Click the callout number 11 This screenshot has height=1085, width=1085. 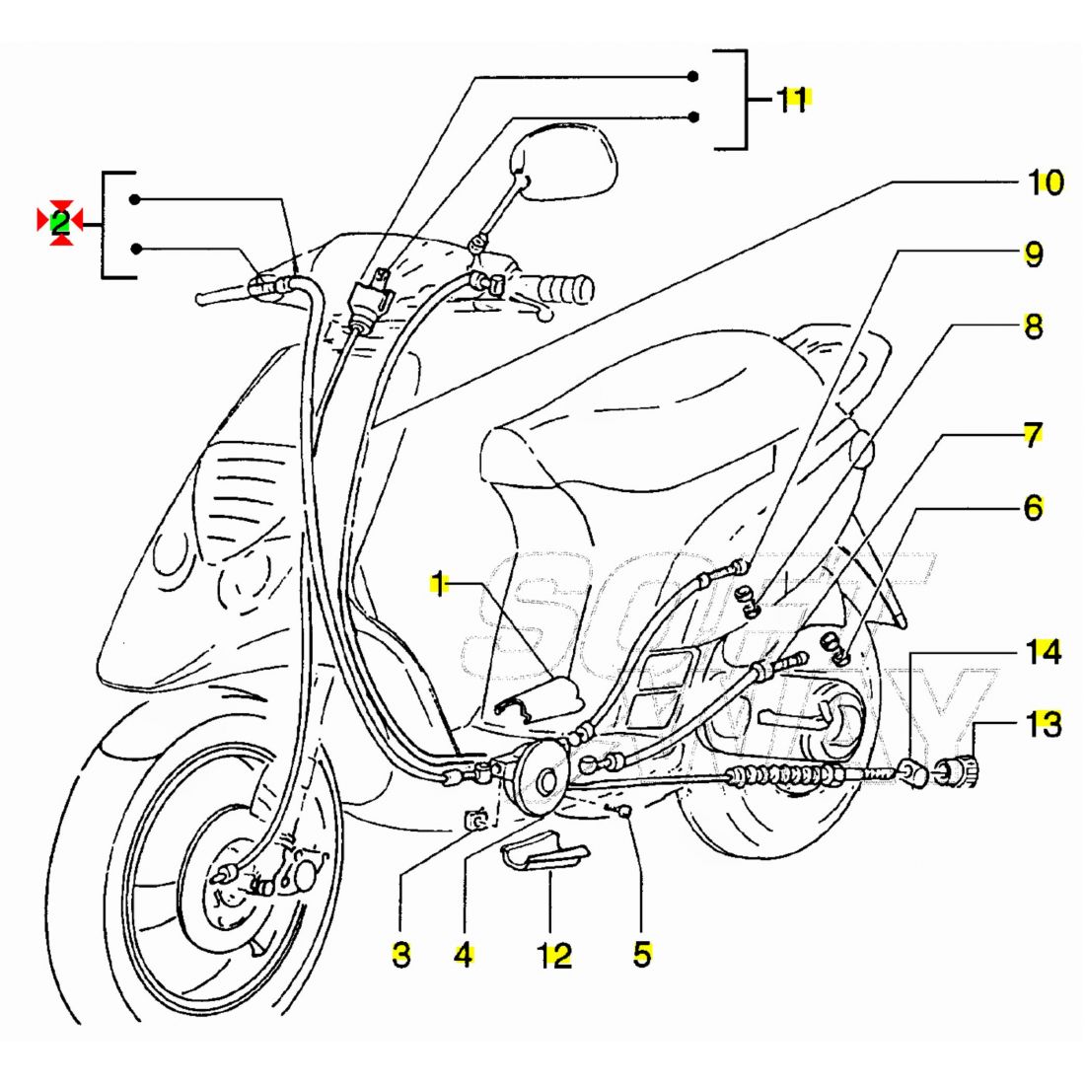793,100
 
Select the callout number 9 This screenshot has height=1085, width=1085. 1033,253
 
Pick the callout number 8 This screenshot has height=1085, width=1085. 1033,325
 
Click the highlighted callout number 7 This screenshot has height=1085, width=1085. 1032,435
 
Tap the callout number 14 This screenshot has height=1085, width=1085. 1042,652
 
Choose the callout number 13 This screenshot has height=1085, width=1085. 1043,725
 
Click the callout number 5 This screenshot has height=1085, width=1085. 642,954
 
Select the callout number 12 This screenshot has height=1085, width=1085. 555,955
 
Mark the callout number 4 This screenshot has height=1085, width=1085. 464,954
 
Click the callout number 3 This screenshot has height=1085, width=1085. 400,954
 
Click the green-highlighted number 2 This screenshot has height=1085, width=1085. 60,222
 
